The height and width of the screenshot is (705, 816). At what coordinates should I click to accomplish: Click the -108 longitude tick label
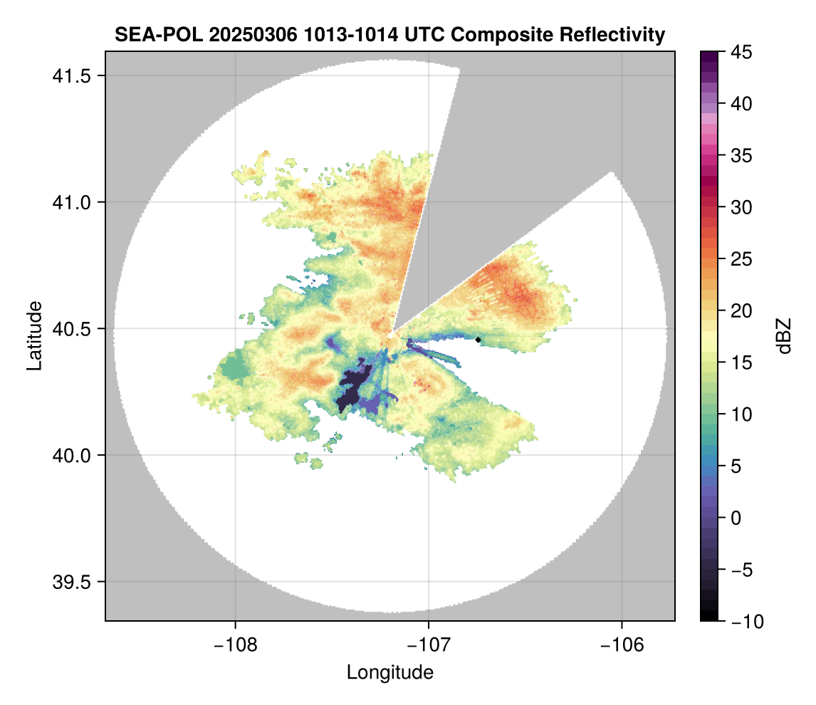[235, 644]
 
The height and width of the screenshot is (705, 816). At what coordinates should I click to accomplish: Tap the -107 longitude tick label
[429, 644]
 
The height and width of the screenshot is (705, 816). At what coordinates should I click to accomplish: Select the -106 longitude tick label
[622, 644]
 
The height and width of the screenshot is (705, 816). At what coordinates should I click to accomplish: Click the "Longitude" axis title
[390, 672]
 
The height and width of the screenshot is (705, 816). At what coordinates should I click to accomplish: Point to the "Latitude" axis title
[34, 335]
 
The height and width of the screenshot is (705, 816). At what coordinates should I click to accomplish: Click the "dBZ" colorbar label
[784, 336]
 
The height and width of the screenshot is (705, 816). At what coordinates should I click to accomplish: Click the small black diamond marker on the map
[478, 340]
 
